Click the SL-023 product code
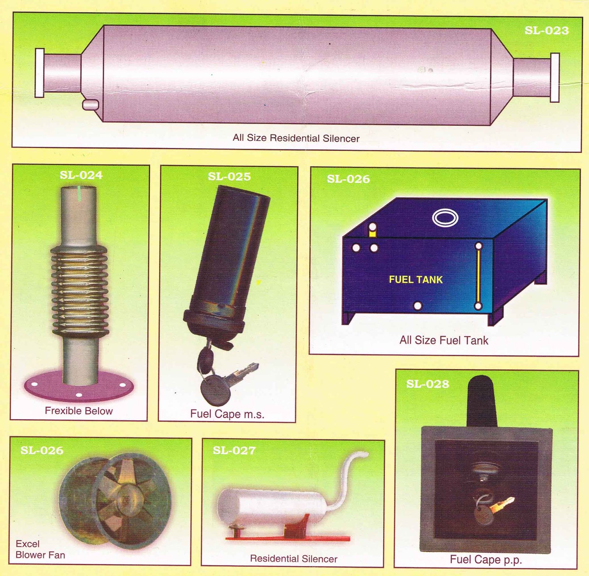(547, 30)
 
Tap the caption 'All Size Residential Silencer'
(296, 138)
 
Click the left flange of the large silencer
(39, 73)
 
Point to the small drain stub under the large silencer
(90, 105)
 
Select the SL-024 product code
(81, 175)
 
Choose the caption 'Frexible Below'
(79, 411)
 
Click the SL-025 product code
(229, 176)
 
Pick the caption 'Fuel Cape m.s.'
(227, 414)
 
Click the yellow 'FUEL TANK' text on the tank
(416, 280)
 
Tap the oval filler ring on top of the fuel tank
(445, 218)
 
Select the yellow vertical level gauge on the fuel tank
(479, 276)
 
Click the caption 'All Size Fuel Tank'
(444, 340)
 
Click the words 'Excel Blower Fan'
(40, 549)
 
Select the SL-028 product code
(427, 384)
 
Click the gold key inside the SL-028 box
(501, 505)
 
